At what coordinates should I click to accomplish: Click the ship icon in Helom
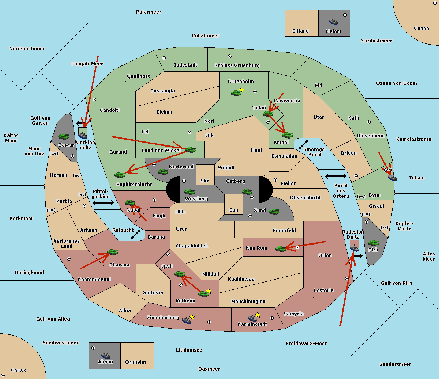333,21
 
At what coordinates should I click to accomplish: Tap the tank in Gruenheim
236,93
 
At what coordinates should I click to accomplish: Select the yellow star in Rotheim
209,291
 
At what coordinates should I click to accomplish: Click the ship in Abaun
106,355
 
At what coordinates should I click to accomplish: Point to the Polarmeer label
149,12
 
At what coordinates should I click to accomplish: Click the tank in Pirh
373,243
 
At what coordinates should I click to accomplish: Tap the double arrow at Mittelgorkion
103,202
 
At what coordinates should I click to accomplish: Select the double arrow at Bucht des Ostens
336,176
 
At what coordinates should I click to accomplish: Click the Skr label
205,181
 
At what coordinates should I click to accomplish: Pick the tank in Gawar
64,136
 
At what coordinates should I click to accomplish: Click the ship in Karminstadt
252,318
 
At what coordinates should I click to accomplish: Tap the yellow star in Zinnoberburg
192,317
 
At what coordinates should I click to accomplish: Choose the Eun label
234,210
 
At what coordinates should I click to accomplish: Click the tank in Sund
274,211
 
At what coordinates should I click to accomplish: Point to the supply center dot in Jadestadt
164,58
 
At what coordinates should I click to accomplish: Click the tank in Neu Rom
281,249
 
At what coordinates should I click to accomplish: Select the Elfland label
300,31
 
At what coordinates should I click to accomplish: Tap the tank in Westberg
190,192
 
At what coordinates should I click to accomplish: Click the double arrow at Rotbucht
135,234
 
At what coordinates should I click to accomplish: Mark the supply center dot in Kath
369,122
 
